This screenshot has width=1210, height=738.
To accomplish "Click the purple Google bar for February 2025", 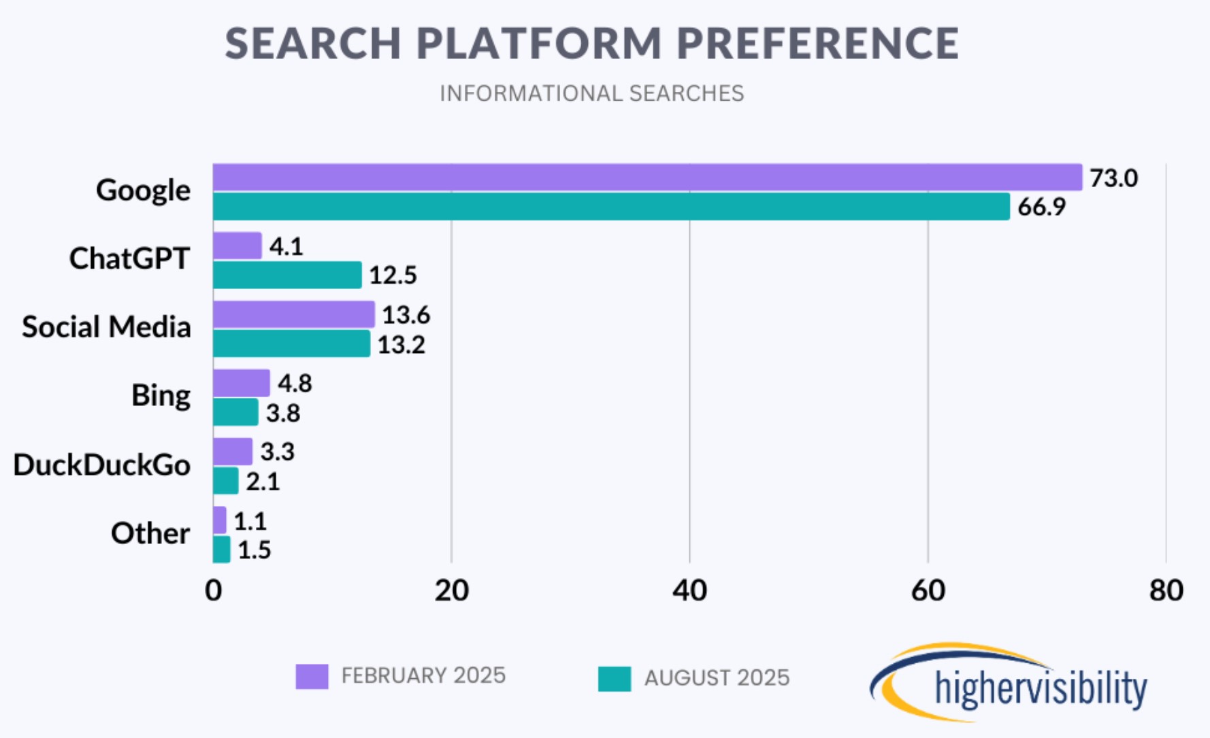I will point(647,178).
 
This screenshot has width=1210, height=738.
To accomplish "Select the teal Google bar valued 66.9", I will point(611,207).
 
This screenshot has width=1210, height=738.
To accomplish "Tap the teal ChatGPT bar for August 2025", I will point(287,275).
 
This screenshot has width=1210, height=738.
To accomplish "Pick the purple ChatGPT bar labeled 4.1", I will point(238,246).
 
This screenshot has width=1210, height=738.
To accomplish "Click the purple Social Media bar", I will point(294,314).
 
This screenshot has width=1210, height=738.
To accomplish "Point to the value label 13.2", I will point(401,345).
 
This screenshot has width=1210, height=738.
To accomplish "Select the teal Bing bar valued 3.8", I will point(235,412).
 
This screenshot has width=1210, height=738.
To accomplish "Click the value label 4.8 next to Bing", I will point(295,384).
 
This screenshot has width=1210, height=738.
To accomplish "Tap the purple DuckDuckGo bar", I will point(233,452).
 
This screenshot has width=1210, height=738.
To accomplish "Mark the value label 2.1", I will point(263,482).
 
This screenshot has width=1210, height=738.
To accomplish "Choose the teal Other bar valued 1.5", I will point(222,550).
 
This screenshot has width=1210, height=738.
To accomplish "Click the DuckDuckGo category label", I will point(102,465).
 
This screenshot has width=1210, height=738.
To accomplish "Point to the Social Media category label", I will point(106,327).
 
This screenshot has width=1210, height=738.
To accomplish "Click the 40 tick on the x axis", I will point(689,590).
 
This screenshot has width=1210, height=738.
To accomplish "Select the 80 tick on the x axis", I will point(1166,590).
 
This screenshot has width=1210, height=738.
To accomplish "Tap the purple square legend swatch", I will point(312,677).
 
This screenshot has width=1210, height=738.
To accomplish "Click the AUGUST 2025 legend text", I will point(717,678).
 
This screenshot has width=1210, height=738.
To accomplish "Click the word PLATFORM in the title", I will point(538,44).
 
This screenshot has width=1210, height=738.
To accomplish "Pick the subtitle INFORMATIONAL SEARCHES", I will point(591,93).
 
